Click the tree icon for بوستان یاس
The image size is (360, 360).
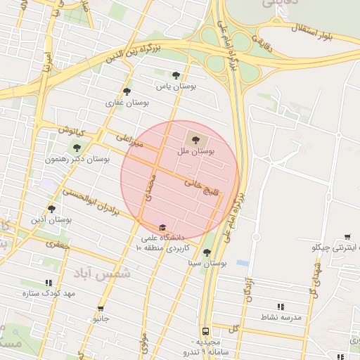(x=176, y=75)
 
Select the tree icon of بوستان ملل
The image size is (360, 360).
(x=195, y=138)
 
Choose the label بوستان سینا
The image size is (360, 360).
(x=206, y=263)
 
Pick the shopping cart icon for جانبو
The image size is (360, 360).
(x=101, y=308)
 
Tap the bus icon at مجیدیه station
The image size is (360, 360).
(x=205, y=330)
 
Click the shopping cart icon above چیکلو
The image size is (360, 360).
(x=347, y=237)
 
